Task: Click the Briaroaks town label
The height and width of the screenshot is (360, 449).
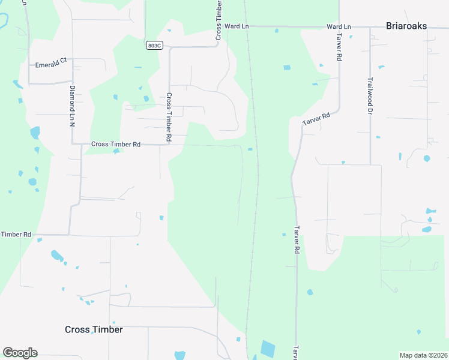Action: pos(411,26)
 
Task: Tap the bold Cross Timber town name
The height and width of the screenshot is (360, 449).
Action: pos(94,329)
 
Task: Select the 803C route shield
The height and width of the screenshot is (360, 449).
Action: pos(154,45)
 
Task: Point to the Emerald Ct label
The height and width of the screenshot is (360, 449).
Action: pos(50,65)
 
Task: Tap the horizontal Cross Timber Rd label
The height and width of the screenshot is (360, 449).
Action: pos(115,145)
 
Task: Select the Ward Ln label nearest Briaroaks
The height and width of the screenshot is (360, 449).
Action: pos(339,27)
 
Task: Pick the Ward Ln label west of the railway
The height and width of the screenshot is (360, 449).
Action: pos(237,27)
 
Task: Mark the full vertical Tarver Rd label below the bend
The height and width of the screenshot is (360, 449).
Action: pos(296,238)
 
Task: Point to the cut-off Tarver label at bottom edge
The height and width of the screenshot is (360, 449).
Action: pos(296,352)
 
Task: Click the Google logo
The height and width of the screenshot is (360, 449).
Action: pos(20,352)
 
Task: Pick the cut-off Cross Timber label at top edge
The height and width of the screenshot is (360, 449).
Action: pos(218,20)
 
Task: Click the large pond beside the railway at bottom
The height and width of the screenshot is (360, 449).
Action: pos(268,349)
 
